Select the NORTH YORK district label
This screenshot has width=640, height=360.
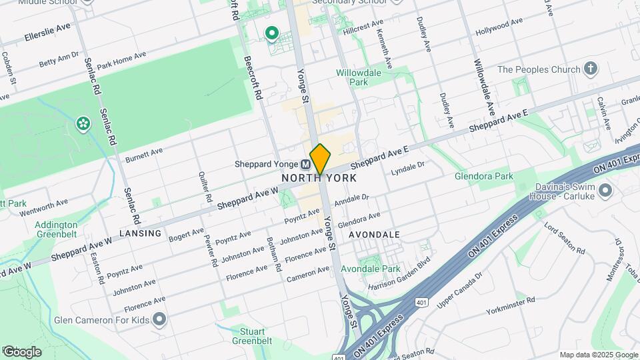pyautogui.click(x=319, y=178)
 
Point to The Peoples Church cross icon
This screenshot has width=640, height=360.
pyautogui.click(x=589, y=69)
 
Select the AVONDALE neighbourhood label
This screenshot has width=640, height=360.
pyautogui.click(x=374, y=235)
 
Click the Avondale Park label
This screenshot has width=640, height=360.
pyautogui.click(x=370, y=269)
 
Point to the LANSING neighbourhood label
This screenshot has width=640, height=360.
pyautogui.click(x=141, y=233)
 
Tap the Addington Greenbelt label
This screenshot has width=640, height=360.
pyautogui.click(x=56, y=229)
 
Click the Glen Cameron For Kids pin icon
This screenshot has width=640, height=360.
pyautogui.click(x=159, y=320)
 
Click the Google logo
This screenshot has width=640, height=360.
pyautogui.click(x=21, y=351)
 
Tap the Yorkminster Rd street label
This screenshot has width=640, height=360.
pyautogui.click(x=511, y=301)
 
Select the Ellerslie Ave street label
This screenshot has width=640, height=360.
pyautogui.click(x=48, y=31)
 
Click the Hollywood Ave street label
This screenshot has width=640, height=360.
pyautogui.click(x=499, y=28)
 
